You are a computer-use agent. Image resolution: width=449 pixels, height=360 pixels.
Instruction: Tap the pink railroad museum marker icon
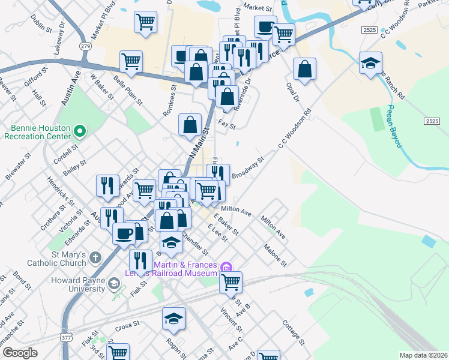226,266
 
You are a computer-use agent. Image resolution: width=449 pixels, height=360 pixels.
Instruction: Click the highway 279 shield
86,46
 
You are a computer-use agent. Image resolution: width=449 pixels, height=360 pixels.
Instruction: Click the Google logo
19,353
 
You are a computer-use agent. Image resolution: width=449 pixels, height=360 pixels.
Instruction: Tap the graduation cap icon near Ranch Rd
371,62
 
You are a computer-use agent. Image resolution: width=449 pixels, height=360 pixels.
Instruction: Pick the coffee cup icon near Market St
265,26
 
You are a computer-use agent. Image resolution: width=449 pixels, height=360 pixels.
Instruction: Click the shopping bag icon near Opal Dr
305,68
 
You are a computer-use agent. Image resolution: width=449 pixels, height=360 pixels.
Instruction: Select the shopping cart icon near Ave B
231,281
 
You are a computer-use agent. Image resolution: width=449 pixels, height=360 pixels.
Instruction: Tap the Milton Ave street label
236,211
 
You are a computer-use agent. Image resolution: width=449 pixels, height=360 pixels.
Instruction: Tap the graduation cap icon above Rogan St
173,319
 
